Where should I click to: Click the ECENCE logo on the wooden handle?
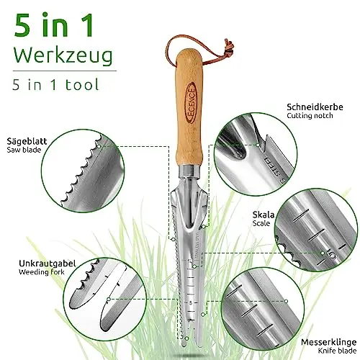point(192,103)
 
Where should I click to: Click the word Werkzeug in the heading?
point(63,56)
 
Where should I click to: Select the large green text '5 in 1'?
point(53,25)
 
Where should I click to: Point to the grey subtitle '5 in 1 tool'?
point(55,84)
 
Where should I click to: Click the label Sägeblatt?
point(27,141)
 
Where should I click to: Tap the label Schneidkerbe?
point(315,107)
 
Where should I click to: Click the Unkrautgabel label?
point(48,264)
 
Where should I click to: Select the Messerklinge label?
point(329,342)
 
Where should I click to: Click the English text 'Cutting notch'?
point(310,116)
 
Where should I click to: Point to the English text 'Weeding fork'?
point(42,272)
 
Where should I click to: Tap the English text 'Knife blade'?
point(337,351)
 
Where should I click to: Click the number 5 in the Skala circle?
point(333,256)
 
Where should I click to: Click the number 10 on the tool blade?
point(190,261)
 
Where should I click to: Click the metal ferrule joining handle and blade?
point(189,171)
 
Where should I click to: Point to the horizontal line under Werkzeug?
point(65,71)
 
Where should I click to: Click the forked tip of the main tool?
point(192,341)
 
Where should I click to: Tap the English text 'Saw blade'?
point(24,150)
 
